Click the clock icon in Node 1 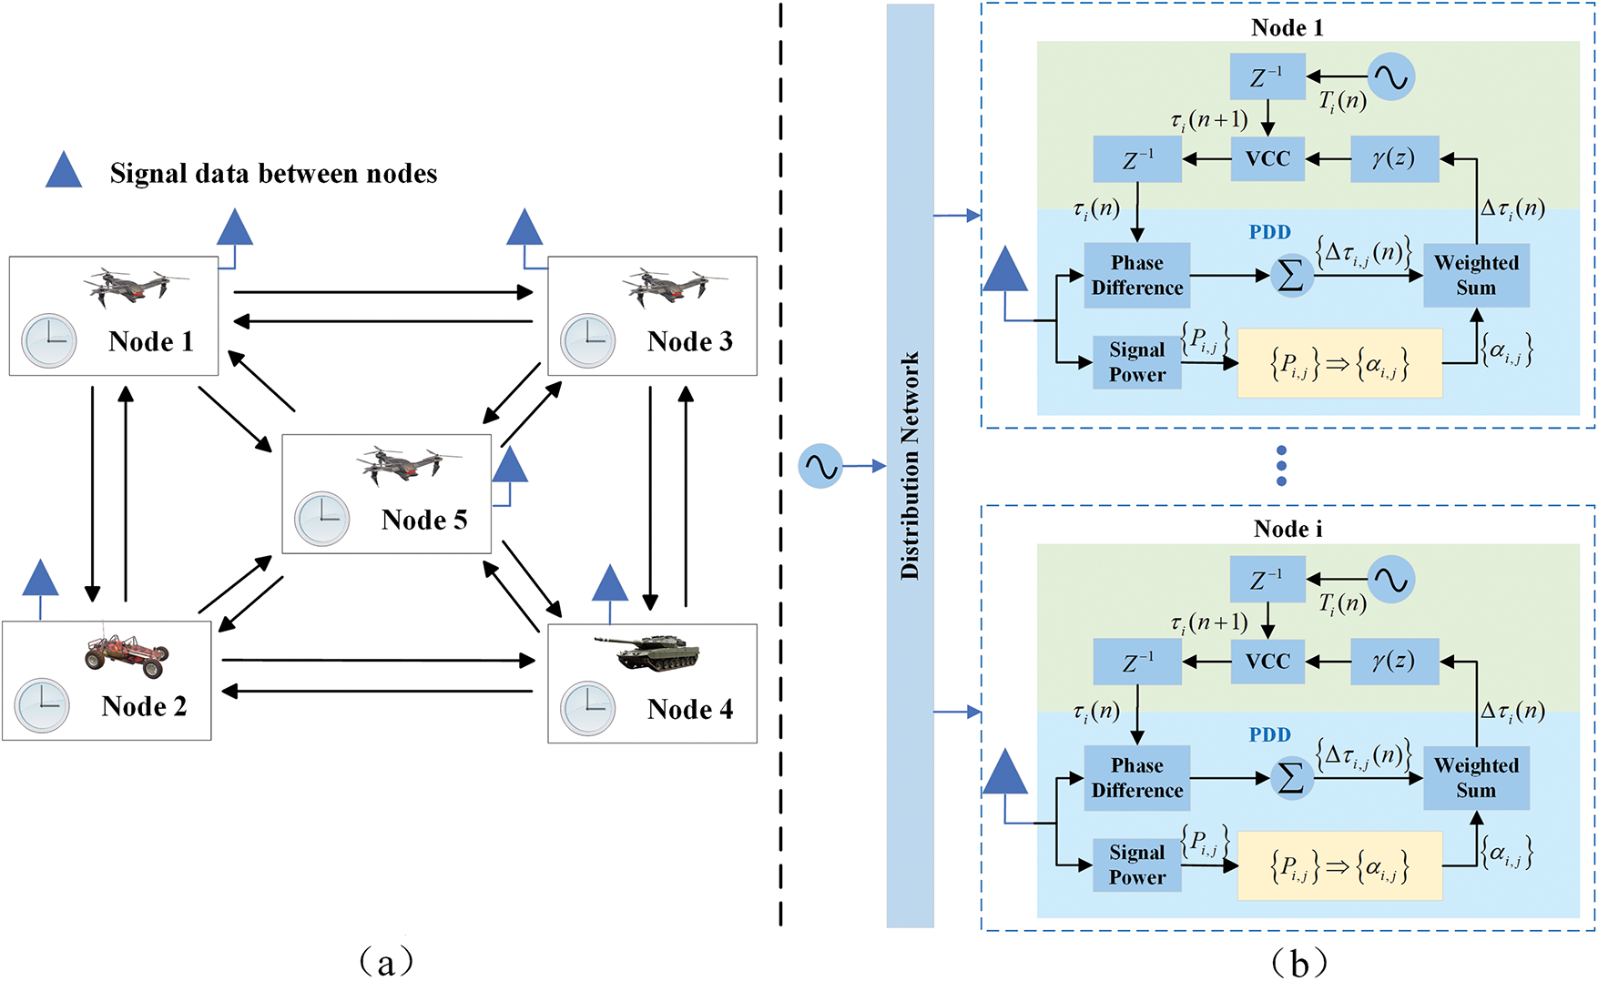(x=49, y=340)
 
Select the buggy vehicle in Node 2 (x=127, y=652)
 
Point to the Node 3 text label (x=689, y=341)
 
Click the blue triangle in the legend (x=64, y=170)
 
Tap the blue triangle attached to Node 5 (x=510, y=466)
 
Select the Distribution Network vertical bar (x=910, y=466)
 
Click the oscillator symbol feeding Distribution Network (x=820, y=466)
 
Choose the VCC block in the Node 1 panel (x=1267, y=158)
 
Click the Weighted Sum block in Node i (x=1476, y=778)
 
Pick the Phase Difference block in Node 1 (x=1137, y=275)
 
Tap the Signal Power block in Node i (x=1136, y=865)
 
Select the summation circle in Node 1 (x=1291, y=276)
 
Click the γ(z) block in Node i (x=1393, y=662)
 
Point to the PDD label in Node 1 (x=1269, y=232)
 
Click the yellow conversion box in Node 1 (x=1339, y=363)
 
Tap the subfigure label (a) (x=387, y=960)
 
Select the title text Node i (x=1287, y=529)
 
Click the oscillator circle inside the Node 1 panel (x=1390, y=77)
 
